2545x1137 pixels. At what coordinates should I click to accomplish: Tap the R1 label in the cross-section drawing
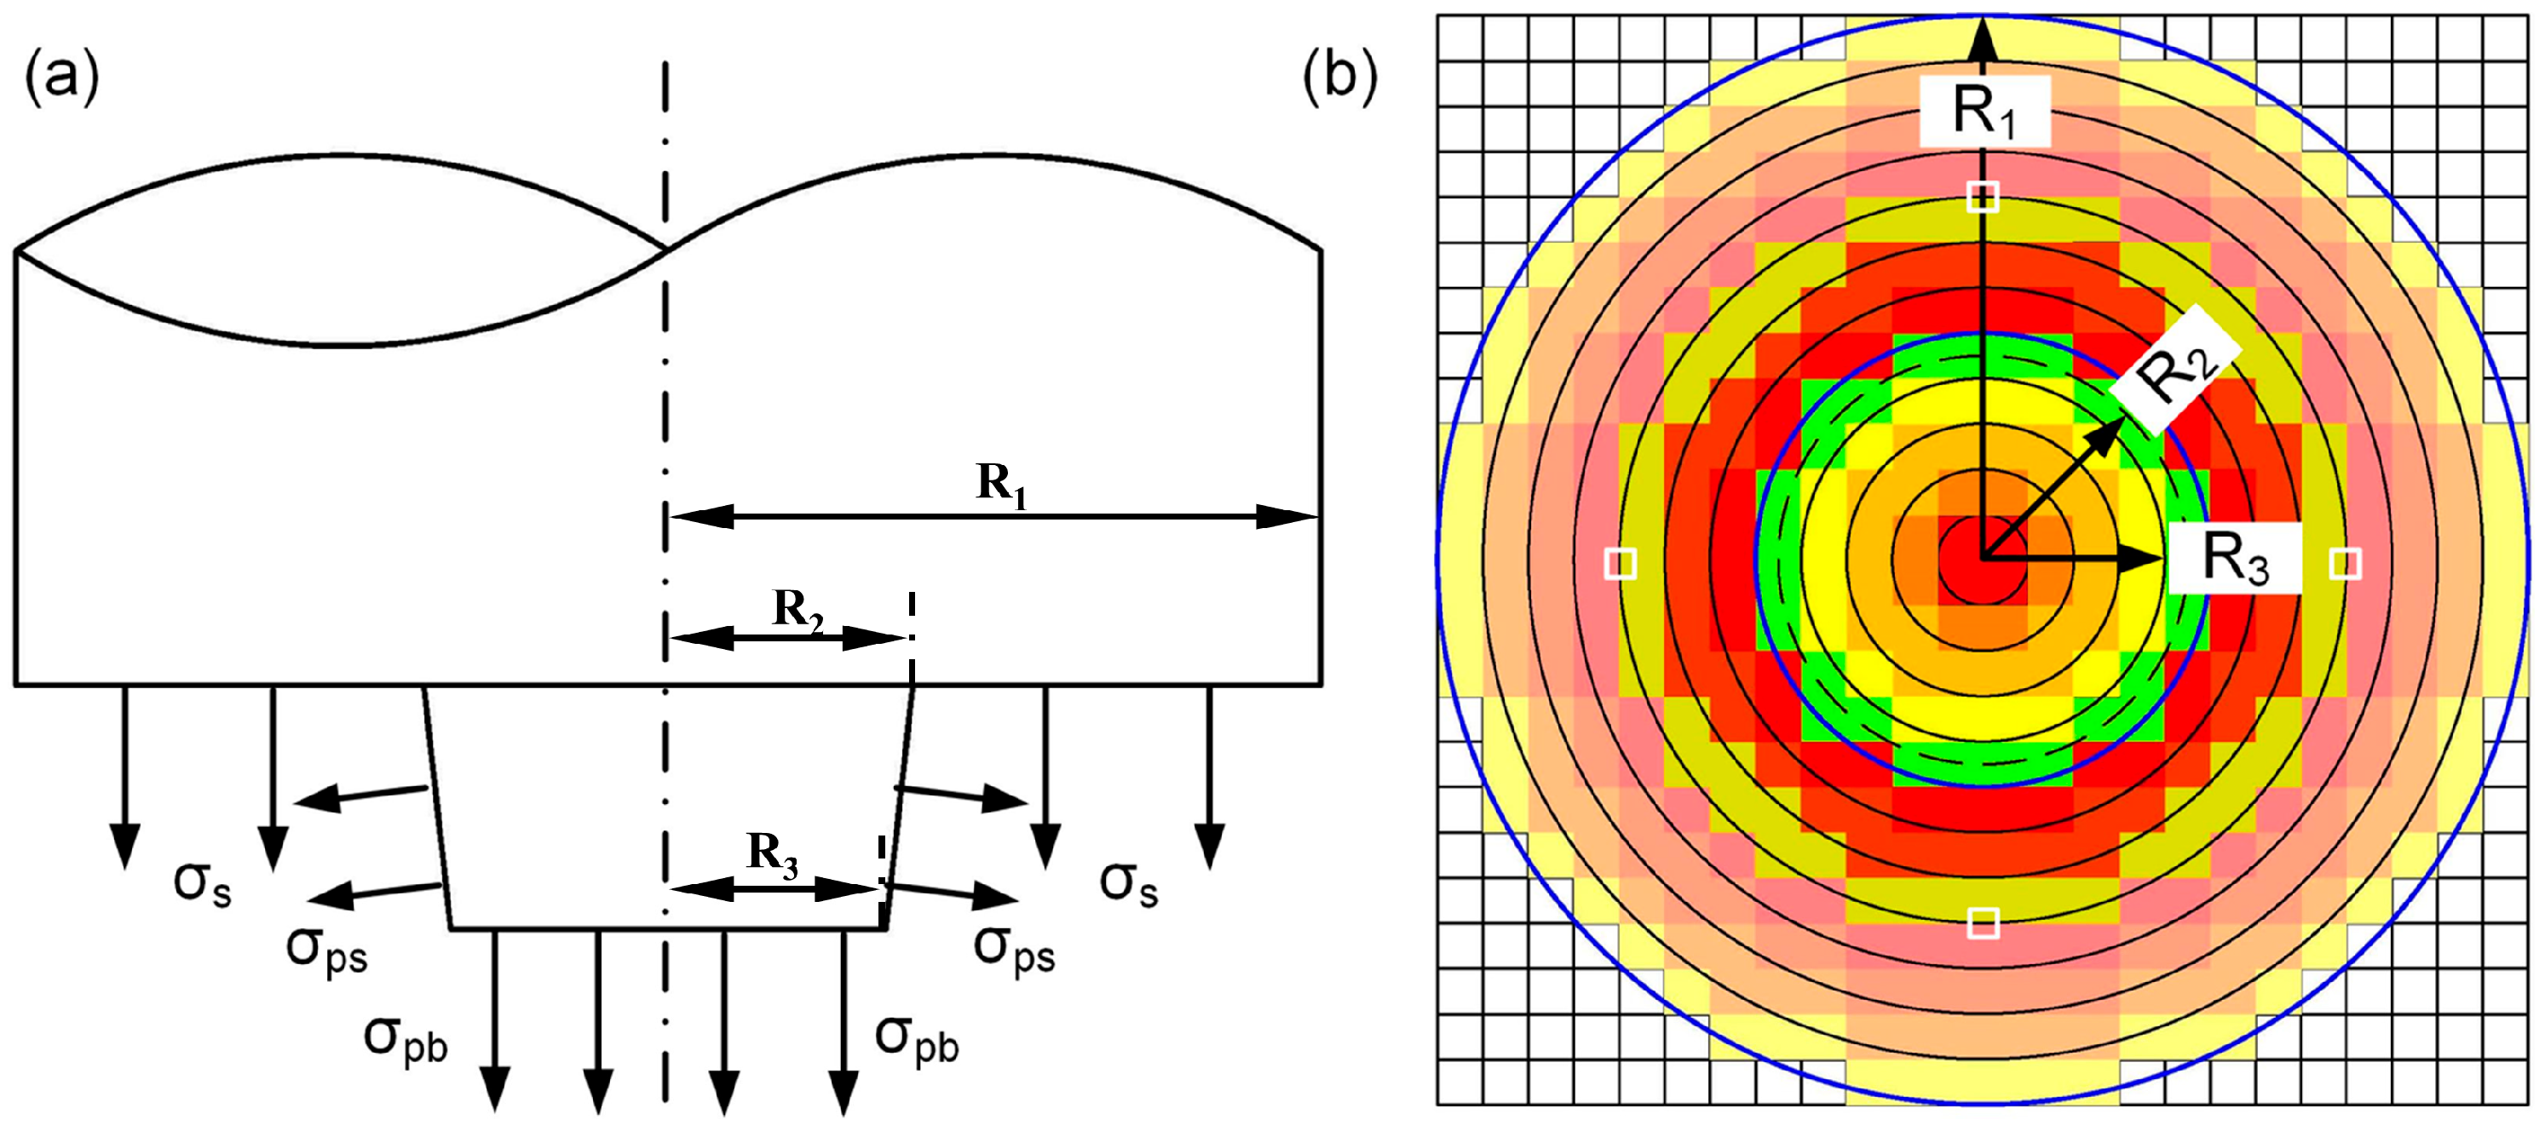click(x=1002, y=485)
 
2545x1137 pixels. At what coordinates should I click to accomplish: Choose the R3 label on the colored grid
click(x=2236, y=558)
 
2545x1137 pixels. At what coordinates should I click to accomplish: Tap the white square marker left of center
click(x=1621, y=563)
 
